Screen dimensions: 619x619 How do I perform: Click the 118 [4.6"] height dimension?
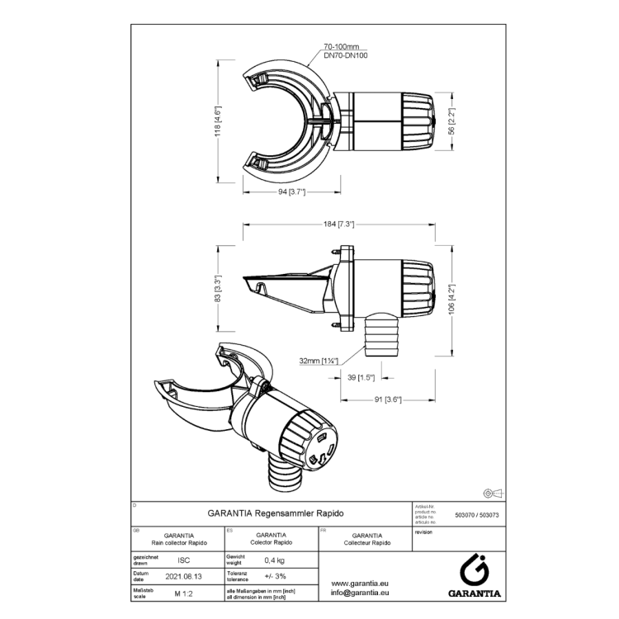point(218,123)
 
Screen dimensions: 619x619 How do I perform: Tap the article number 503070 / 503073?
point(479,513)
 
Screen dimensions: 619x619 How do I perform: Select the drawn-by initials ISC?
point(183,560)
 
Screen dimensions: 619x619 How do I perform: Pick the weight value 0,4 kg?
point(275,560)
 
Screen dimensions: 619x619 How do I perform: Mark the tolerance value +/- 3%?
point(275,576)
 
